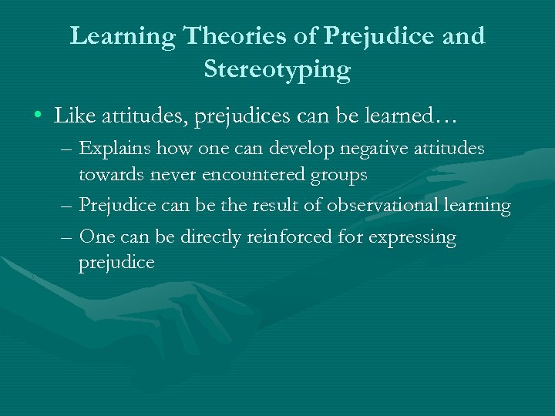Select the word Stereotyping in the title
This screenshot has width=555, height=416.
coord(277,70)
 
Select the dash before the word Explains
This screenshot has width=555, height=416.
coord(68,149)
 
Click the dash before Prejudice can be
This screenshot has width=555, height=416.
coord(68,206)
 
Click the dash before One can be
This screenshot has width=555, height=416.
coord(68,237)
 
